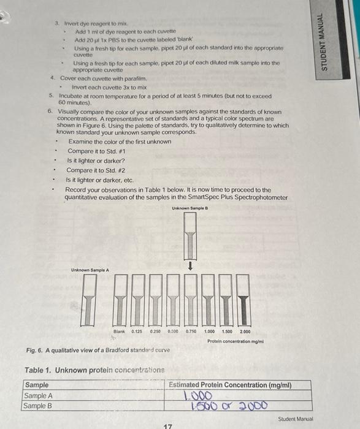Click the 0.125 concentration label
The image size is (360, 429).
click(x=138, y=332)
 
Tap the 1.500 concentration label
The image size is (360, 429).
click(x=228, y=332)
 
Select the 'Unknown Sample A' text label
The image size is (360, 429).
click(x=90, y=270)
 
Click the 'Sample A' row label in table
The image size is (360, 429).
click(x=38, y=396)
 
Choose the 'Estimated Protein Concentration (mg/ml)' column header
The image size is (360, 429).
click(x=230, y=385)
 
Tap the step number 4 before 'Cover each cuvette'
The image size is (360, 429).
click(x=53, y=78)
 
